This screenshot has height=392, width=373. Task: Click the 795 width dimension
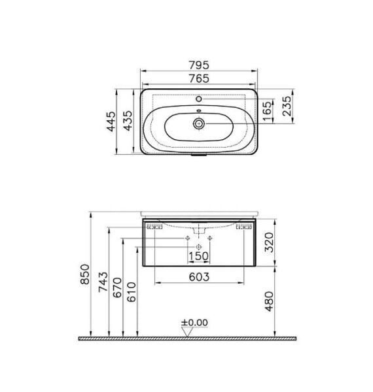pos(199,65)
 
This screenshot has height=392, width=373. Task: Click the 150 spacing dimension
pos(198,255)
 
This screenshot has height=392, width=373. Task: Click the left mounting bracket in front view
pos(154,227)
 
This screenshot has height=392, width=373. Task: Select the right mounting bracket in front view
pos(245,227)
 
